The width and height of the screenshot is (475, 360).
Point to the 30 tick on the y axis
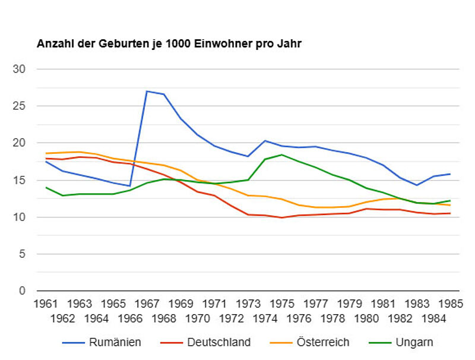point(20,69)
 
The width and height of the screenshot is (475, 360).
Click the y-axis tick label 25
point(20,106)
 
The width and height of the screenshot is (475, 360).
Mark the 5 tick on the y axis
point(23,254)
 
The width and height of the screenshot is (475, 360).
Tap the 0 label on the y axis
point(23,290)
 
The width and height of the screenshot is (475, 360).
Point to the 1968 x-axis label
point(164,318)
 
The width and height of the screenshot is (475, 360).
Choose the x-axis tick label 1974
point(265,318)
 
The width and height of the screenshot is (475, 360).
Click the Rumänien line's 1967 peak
point(147,91)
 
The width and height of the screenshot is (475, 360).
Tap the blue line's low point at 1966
point(130,186)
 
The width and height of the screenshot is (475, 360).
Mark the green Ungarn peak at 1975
point(282,155)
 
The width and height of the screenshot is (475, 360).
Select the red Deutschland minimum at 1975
point(282,217)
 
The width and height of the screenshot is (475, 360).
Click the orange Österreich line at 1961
point(46,153)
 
